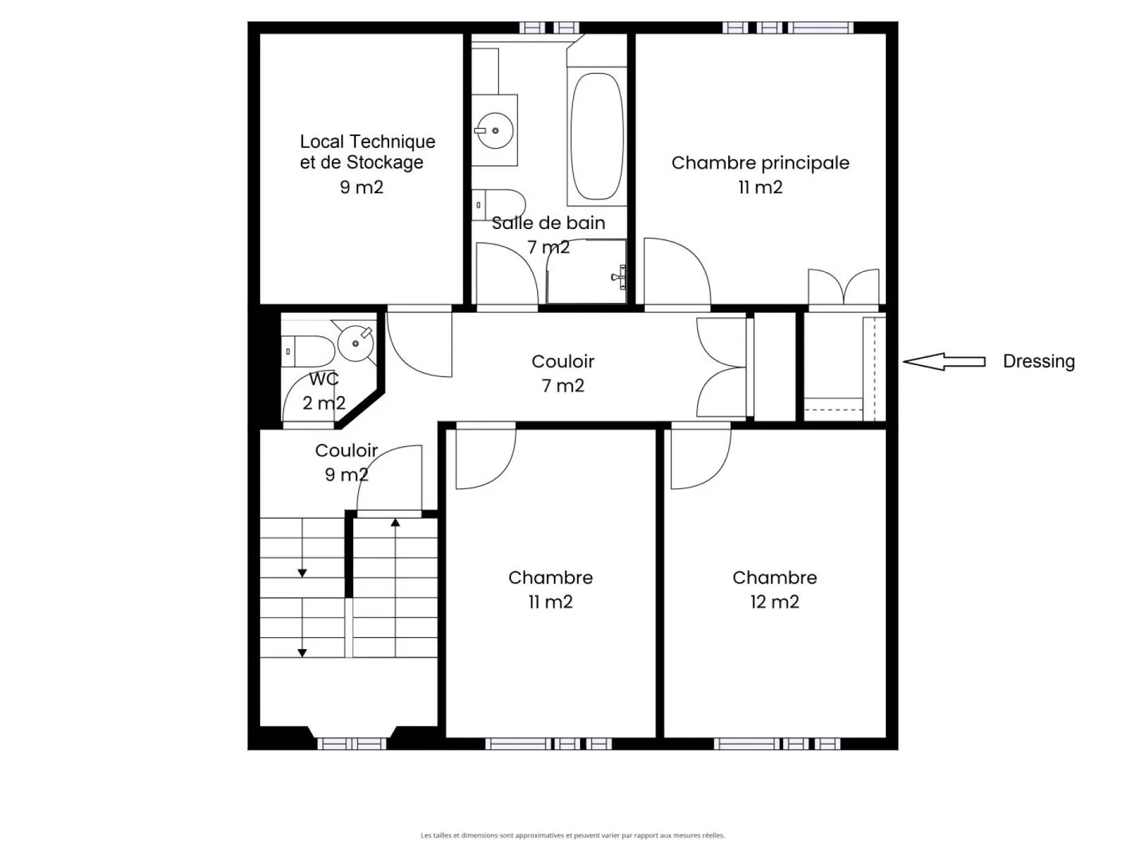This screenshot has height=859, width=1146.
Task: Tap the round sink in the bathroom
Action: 494,130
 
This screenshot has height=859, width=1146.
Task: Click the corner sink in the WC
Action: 355,342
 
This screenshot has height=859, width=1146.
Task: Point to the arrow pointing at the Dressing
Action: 944,361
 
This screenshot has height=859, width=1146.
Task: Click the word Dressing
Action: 1038,361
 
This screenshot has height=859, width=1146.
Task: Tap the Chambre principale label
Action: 760,163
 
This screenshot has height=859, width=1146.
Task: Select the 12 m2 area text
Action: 774,602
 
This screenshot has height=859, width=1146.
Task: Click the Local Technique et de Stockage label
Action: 367,152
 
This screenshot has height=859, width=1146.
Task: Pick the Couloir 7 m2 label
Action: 563,373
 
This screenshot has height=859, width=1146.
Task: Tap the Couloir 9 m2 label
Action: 346,462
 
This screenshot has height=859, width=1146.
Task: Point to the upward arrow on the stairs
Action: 396,523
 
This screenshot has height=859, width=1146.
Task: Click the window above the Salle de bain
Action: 550,28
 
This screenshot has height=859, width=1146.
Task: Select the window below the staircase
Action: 352,744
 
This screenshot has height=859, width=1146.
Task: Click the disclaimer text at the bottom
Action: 572,835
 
